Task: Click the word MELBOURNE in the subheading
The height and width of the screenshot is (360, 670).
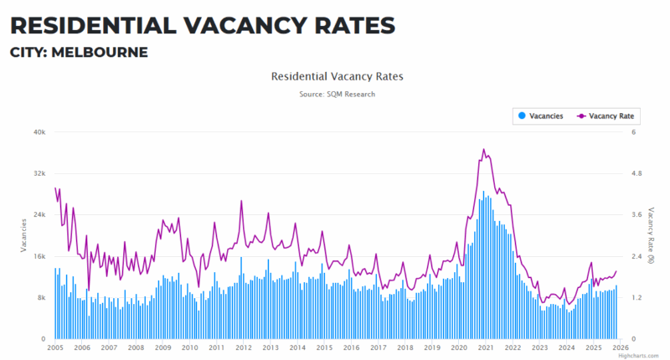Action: pyautogui.click(x=100, y=53)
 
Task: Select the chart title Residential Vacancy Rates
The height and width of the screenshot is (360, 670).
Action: pyautogui.click(x=338, y=76)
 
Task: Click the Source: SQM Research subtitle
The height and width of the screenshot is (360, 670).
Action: pyautogui.click(x=338, y=94)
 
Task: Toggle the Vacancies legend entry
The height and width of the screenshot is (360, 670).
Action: pyautogui.click(x=541, y=116)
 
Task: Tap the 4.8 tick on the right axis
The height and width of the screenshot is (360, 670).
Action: pyautogui.click(x=636, y=173)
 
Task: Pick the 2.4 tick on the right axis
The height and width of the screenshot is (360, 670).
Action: pyautogui.click(x=636, y=256)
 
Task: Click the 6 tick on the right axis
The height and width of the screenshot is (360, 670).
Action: pyautogui.click(x=633, y=132)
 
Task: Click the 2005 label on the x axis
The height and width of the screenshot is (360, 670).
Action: pyautogui.click(x=55, y=347)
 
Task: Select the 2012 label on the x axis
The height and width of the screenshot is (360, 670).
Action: pyautogui.click(x=244, y=347)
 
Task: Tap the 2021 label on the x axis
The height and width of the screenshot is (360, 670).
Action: pyautogui.click(x=486, y=347)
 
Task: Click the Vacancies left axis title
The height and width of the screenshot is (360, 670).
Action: pyautogui.click(x=23, y=235)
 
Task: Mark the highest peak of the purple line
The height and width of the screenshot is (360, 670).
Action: pyautogui.click(x=483, y=150)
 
